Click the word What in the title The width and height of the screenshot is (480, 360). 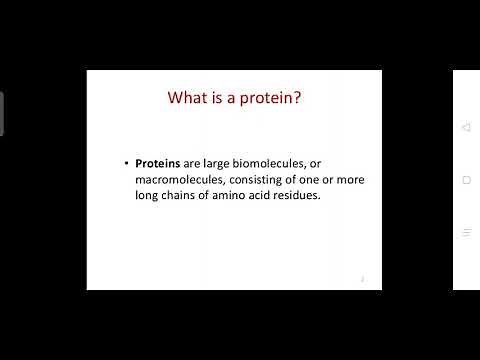187,98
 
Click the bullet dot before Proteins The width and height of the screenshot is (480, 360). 126,163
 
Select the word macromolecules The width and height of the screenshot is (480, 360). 181,179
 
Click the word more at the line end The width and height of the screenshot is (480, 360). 347,179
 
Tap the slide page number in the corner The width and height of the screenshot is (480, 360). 362,280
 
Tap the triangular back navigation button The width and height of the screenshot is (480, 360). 466,127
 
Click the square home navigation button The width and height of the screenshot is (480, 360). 466,180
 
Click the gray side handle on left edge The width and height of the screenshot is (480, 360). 2,113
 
